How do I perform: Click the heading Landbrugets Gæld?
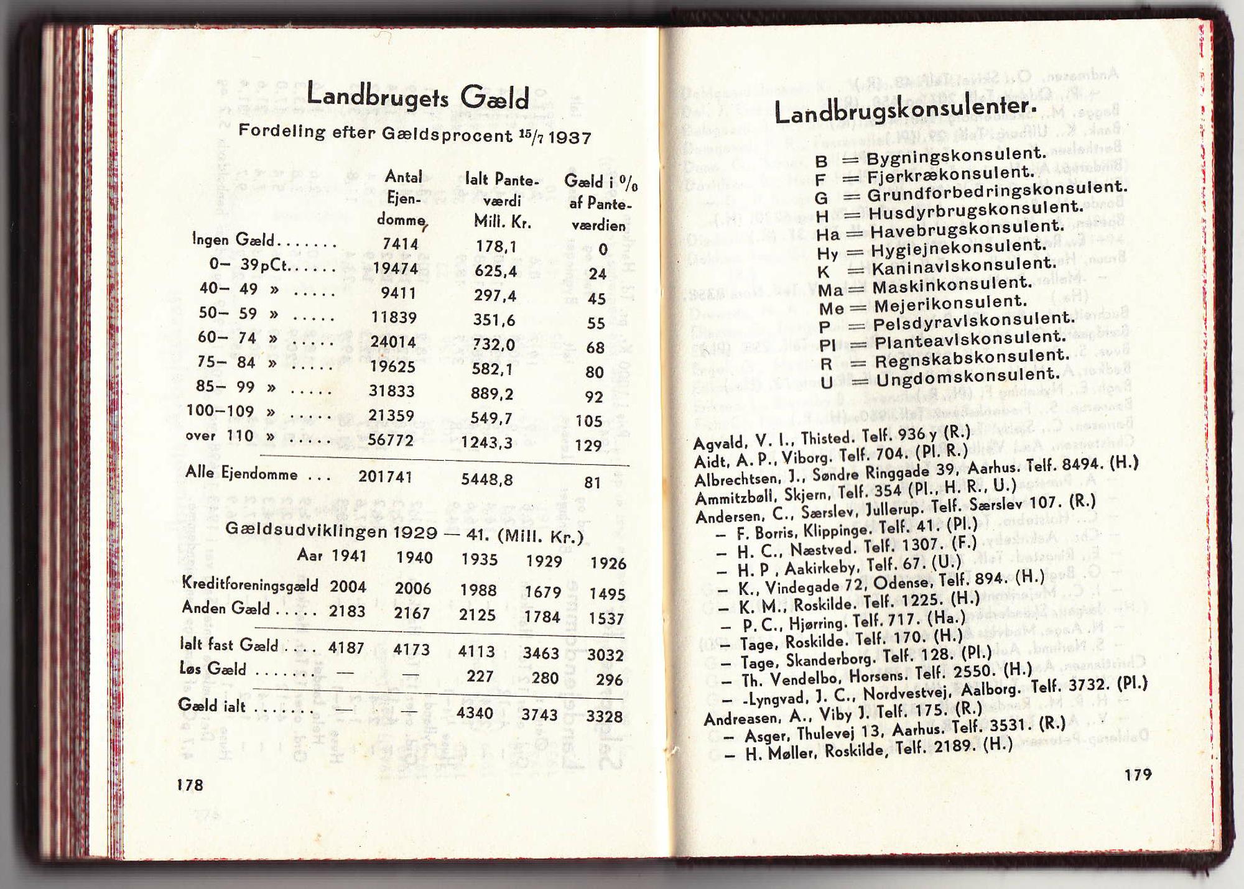tap(417, 98)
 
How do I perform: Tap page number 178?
tap(190, 785)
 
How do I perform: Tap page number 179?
tap(1138, 775)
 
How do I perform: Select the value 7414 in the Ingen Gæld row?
tap(400, 244)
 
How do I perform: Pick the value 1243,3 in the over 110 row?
tap(487, 442)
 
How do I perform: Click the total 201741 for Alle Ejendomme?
tap(385, 476)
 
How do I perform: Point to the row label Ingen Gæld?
tap(233, 240)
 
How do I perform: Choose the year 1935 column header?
tap(479, 560)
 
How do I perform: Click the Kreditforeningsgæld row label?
tap(249, 584)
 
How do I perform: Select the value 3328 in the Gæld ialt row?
tap(604, 716)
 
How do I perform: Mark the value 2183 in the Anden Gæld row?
tap(347, 611)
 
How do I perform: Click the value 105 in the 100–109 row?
tap(588, 421)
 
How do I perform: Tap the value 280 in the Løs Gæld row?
tap(545, 678)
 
